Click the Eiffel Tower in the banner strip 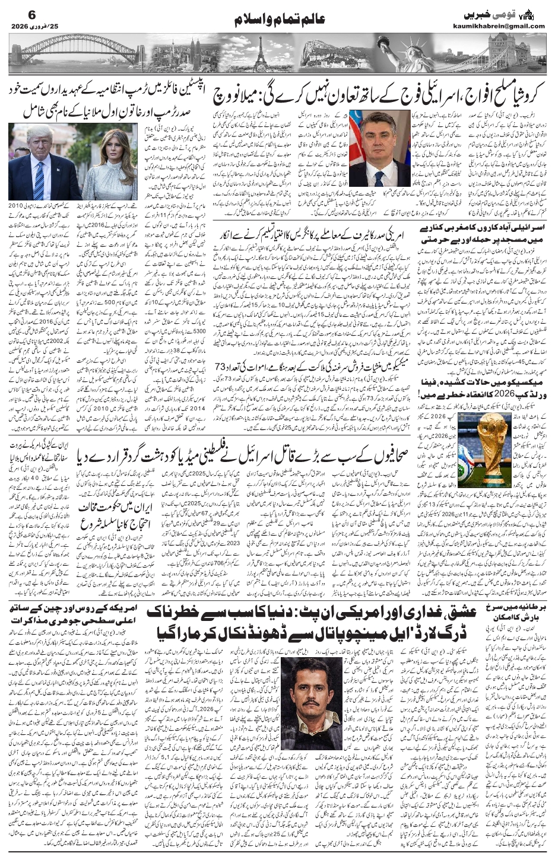click(x=259, y=55)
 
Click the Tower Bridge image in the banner click(x=505, y=53)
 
